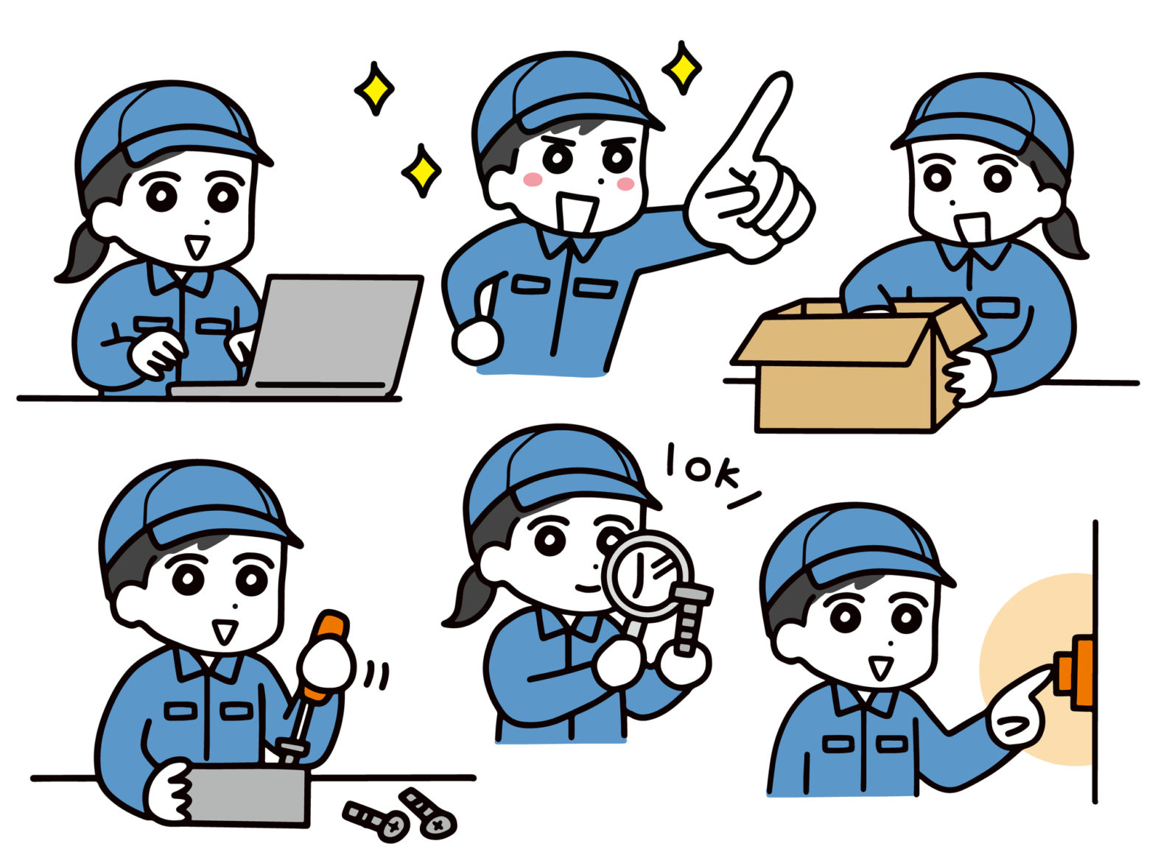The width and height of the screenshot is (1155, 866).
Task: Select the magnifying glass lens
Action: pos(648,575)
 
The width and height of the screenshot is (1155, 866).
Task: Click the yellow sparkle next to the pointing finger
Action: pos(682,68)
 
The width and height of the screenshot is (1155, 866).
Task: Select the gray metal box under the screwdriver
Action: pos(248,795)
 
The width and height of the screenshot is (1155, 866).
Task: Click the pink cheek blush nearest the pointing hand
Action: pos(625,183)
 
